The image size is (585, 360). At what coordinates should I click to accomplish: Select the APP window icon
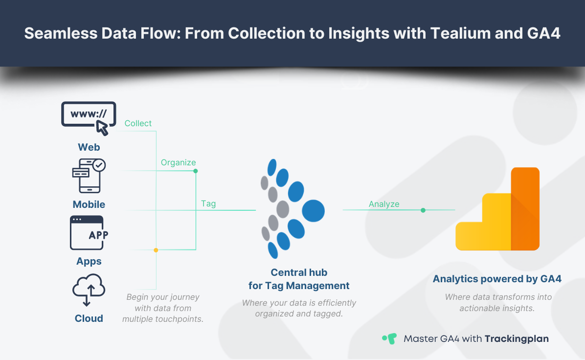click(x=89, y=233)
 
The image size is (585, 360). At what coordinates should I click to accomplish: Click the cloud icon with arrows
click(x=89, y=290)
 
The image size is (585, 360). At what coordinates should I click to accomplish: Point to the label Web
click(x=89, y=147)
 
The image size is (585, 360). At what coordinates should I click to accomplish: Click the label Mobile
click(x=89, y=204)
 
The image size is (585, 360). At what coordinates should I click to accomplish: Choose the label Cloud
click(x=89, y=318)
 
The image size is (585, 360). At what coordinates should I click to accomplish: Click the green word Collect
click(x=138, y=123)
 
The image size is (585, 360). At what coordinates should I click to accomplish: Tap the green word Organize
click(x=178, y=162)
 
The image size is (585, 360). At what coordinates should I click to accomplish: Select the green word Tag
click(x=208, y=203)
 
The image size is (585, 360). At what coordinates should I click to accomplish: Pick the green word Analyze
click(x=384, y=204)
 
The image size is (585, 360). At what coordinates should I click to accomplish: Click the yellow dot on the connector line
click(x=156, y=250)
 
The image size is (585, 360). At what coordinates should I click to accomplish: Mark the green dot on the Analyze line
click(x=423, y=210)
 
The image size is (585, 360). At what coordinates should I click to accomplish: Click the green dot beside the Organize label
click(x=196, y=171)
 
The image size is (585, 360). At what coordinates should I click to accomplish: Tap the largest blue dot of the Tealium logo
click(x=314, y=211)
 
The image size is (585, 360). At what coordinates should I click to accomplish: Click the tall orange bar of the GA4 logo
click(x=525, y=209)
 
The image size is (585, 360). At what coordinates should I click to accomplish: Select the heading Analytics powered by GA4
click(x=497, y=279)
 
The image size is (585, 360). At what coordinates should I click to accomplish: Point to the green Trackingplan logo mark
click(x=389, y=338)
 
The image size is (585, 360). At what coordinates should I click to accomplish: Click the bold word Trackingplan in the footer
click(x=517, y=338)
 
